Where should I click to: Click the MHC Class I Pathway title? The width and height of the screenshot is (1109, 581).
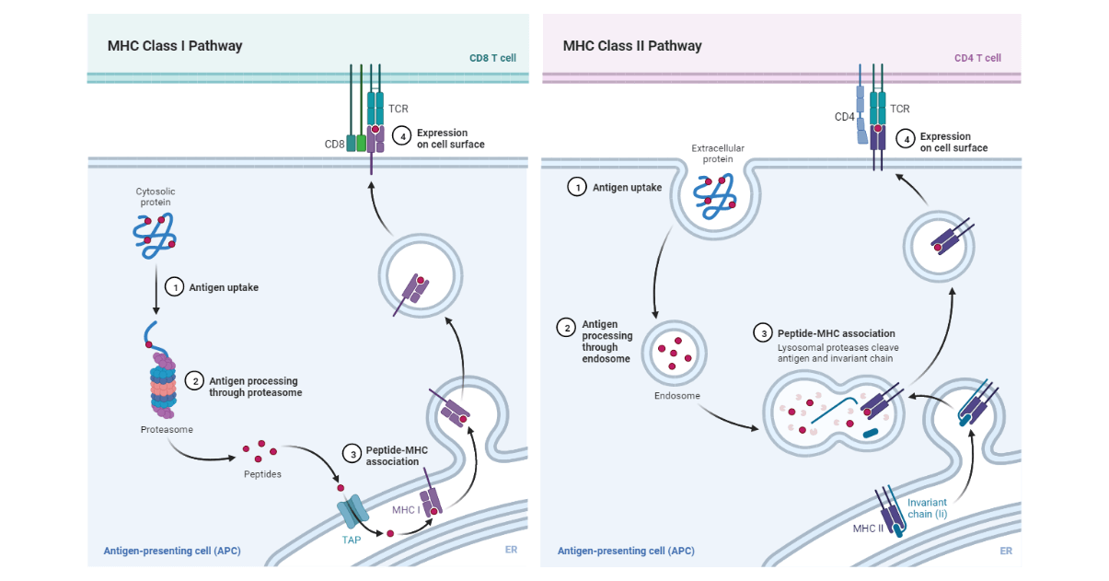(175, 46)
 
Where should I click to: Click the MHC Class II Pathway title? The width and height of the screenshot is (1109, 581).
(632, 46)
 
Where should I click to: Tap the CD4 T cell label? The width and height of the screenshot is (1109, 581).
(977, 58)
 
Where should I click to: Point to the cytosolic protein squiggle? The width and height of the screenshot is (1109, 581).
(154, 233)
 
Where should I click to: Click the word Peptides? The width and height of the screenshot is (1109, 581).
(263, 474)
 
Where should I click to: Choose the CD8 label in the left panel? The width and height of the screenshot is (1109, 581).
(334, 144)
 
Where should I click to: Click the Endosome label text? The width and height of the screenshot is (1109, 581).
(677, 396)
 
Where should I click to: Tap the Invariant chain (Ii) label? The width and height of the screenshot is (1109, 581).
(927, 508)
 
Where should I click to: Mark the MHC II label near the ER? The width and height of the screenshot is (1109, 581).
(866, 529)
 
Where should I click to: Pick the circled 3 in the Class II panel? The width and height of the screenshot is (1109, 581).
(761, 333)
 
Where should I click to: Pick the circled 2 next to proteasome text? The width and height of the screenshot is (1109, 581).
(194, 380)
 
